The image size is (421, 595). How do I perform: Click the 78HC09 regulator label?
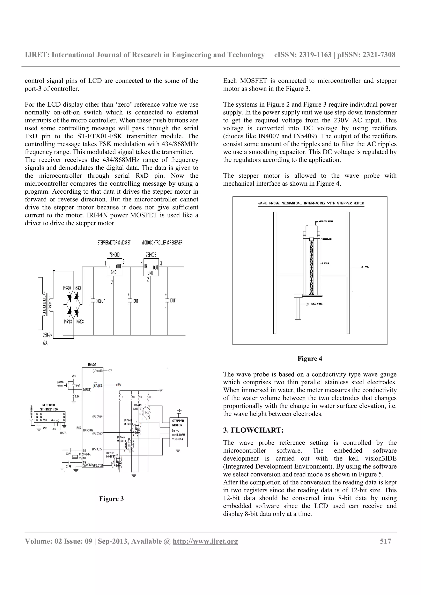pyautogui.click(x=114, y=255)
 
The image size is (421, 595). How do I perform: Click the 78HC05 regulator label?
pyautogui.click(x=151, y=255)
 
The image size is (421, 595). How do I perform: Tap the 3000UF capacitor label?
pyautogui.click(x=100, y=301)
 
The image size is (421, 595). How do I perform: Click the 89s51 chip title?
pyautogui.click(x=92, y=364)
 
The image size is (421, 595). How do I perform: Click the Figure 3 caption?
pyautogui.click(x=112, y=499)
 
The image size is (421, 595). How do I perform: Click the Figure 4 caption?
pyautogui.click(x=310, y=359)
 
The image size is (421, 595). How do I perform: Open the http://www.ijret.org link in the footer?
pyautogui.click(x=205, y=541)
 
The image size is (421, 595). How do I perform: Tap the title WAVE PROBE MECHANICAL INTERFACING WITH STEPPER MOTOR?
pyautogui.click(x=311, y=203)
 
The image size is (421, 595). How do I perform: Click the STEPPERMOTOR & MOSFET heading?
pyautogui.click(x=114, y=243)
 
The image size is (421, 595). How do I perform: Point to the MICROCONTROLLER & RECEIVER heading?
pyautogui.click(x=162, y=243)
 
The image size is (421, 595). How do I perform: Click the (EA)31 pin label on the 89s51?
pyautogui.click(x=97, y=385)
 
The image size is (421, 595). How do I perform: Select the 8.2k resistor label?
pyautogui.click(x=77, y=397)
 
